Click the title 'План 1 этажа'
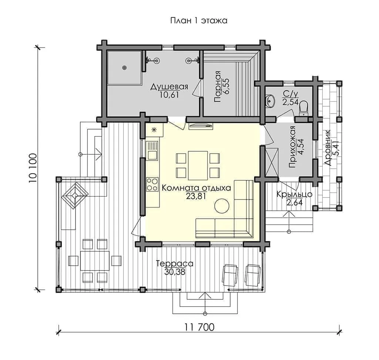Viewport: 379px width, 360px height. click(x=199, y=21)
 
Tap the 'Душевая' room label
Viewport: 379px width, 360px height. click(x=169, y=87)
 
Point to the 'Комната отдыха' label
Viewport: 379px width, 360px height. click(x=196, y=188)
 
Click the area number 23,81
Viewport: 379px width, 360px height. click(x=196, y=196)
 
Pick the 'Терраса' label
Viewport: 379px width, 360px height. click(x=175, y=263)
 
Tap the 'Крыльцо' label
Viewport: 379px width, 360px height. click(x=294, y=194)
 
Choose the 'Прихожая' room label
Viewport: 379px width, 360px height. click(x=292, y=147)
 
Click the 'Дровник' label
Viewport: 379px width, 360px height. click(x=328, y=147)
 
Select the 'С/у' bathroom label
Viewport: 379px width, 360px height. click(x=290, y=94)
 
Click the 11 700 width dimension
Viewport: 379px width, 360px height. click(x=199, y=327)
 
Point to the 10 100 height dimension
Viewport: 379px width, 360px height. click(x=33, y=168)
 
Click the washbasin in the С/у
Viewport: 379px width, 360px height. click(x=270, y=101)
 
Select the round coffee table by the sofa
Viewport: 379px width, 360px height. click(x=222, y=206)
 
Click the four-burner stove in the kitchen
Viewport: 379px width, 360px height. click(x=152, y=184)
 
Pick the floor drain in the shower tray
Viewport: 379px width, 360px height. click(x=124, y=68)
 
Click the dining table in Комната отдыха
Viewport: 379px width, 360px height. click(x=198, y=165)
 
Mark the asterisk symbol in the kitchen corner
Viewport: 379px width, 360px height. click(x=154, y=130)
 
